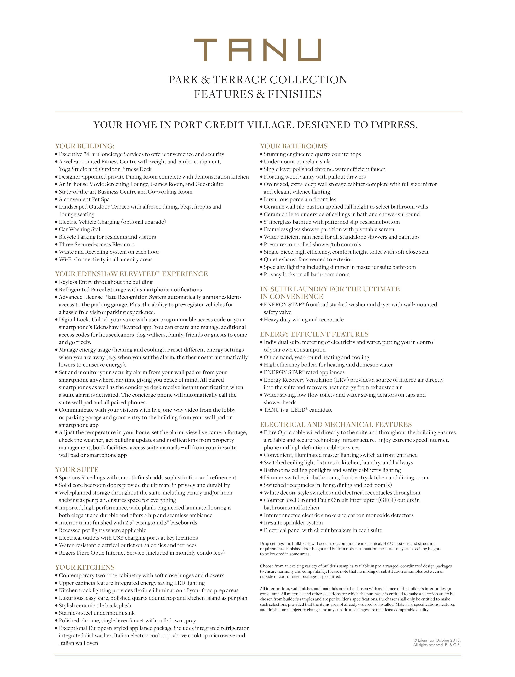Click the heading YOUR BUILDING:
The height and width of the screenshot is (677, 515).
[x=85, y=146]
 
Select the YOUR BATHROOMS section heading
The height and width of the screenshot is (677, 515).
[x=294, y=146]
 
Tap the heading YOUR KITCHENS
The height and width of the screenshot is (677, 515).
[x=85, y=567]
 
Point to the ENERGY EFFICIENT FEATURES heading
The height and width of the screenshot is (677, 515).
[x=314, y=334]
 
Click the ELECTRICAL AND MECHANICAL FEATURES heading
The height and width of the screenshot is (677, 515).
[x=336, y=424]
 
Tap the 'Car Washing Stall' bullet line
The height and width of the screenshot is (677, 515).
[x=80, y=229]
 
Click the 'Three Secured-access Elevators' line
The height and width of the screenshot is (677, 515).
[x=96, y=244]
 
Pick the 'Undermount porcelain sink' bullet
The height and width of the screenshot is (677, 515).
[x=296, y=162]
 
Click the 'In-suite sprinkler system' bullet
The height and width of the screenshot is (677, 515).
[x=293, y=523]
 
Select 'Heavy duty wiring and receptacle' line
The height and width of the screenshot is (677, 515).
[x=303, y=320]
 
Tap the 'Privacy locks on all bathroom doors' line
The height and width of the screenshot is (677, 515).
[x=306, y=274]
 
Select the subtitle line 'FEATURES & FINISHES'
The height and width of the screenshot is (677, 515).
[x=258, y=94]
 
